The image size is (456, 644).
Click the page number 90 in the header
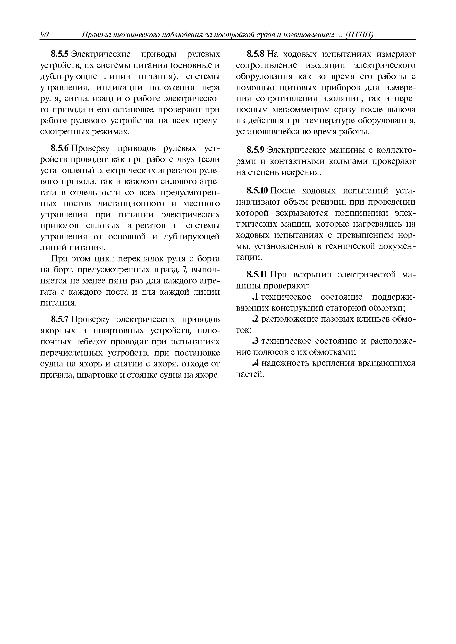point(44,35)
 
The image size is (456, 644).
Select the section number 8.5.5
point(59,54)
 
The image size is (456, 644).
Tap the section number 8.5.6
point(59,148)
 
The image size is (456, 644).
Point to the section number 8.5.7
point(59,320)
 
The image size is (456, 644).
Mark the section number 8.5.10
point(258,191)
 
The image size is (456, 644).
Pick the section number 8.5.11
point(258,274)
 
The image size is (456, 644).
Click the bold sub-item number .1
point(255,297)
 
